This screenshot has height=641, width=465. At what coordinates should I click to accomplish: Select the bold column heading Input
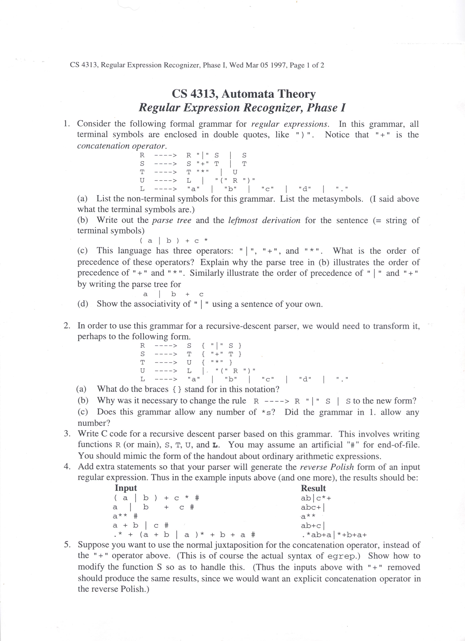point(126,488)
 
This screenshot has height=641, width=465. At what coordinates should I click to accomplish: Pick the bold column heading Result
point(313,488)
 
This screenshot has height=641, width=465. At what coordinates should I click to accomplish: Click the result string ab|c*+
point(316,498)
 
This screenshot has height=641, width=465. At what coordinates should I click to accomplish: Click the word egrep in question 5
point(342,556)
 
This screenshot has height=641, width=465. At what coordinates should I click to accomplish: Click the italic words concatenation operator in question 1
point(122,146)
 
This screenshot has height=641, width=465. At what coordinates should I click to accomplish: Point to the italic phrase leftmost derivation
point(264,220)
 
